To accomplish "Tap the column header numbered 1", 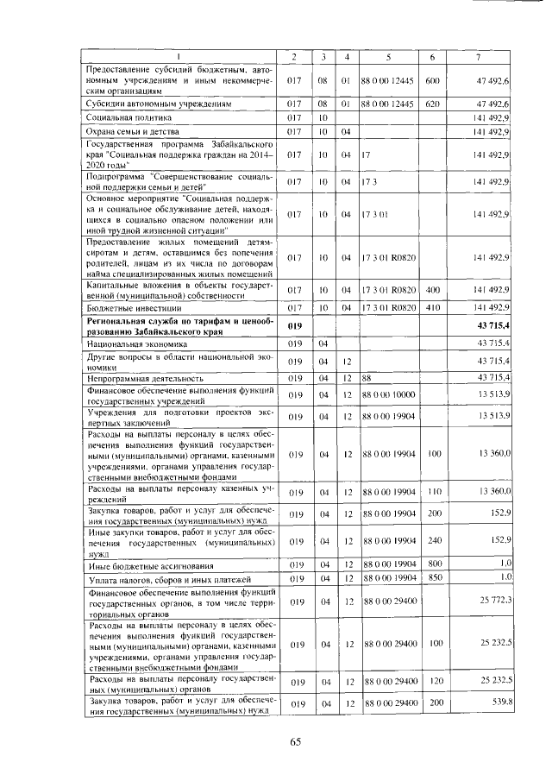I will tap(178, 57).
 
